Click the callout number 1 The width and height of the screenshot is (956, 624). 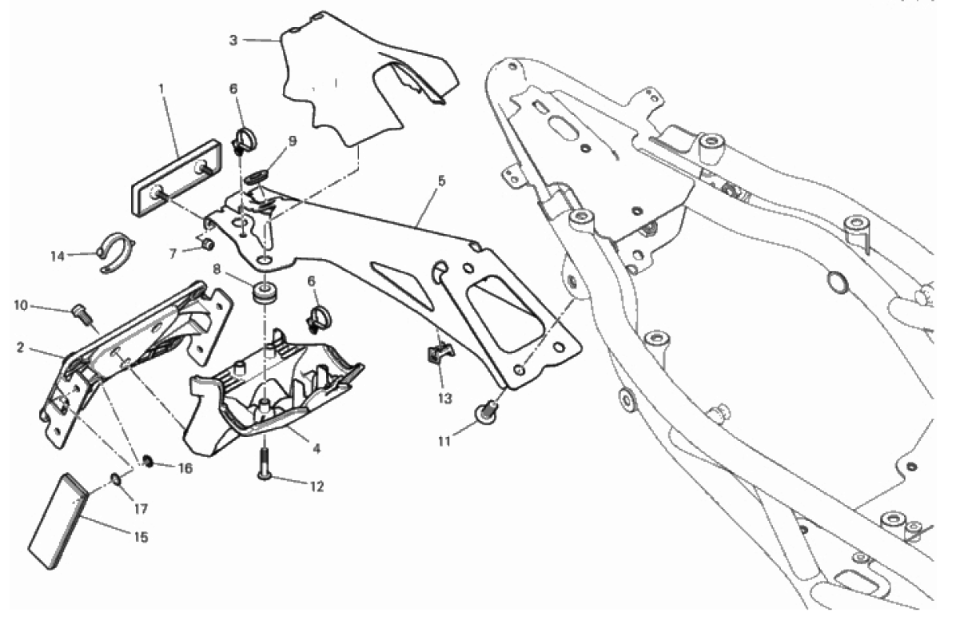(x=161, y=89)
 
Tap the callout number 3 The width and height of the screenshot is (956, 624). (x=233, y=40)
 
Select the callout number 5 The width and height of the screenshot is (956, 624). (x=441, y=181)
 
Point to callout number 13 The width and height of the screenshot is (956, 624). (x=444, y=399)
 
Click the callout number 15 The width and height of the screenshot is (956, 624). (x=141, y=537)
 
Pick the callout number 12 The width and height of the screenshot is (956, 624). (x=317, y=487)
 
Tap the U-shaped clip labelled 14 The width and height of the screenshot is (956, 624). (x=117, y=252)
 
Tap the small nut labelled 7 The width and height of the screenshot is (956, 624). (x=207, y=245)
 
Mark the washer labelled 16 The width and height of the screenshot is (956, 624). (x=148, y=461)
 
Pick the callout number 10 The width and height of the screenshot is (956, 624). (x=21, y=305)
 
